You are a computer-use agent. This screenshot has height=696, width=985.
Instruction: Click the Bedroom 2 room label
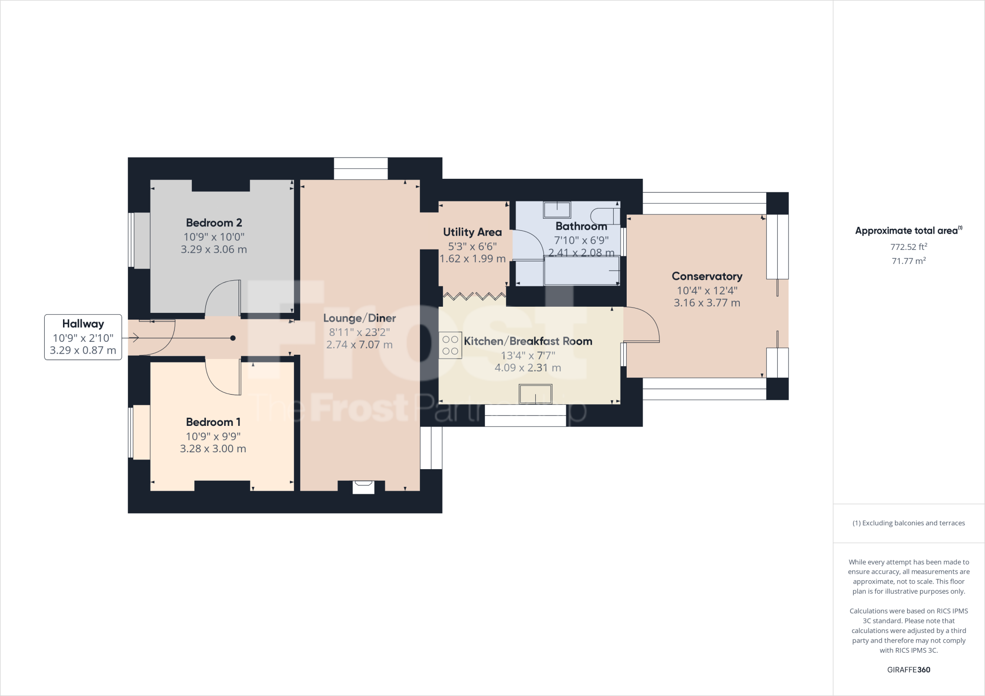coord(214,223)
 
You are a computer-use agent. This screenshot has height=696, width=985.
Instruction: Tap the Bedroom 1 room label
coord(213,422)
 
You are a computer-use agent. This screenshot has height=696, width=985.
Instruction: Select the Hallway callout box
coord(83,337)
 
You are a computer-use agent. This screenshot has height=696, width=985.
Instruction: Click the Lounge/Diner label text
coord(359,318)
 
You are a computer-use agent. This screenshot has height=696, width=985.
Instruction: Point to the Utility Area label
coord(472,233)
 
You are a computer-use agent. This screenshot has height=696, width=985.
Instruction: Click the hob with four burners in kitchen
coord(450,346)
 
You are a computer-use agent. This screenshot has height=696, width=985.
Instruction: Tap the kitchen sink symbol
coord(535,394)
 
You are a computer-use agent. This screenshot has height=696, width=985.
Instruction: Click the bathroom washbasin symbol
coord(557,210)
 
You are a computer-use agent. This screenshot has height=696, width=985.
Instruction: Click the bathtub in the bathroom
coord(581,271)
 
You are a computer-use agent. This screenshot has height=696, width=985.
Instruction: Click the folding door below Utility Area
coord(474,296)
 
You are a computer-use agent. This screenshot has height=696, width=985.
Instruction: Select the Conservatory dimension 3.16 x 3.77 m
coord(707,303)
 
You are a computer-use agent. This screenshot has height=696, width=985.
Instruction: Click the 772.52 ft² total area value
coord(909,247)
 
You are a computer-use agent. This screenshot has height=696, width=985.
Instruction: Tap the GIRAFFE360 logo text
coord(909,670)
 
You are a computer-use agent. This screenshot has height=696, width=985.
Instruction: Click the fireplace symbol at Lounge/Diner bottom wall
coord(363,487)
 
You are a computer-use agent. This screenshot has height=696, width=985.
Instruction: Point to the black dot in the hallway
coord(233,338)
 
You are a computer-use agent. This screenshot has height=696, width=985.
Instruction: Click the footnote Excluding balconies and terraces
coord(909,523)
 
